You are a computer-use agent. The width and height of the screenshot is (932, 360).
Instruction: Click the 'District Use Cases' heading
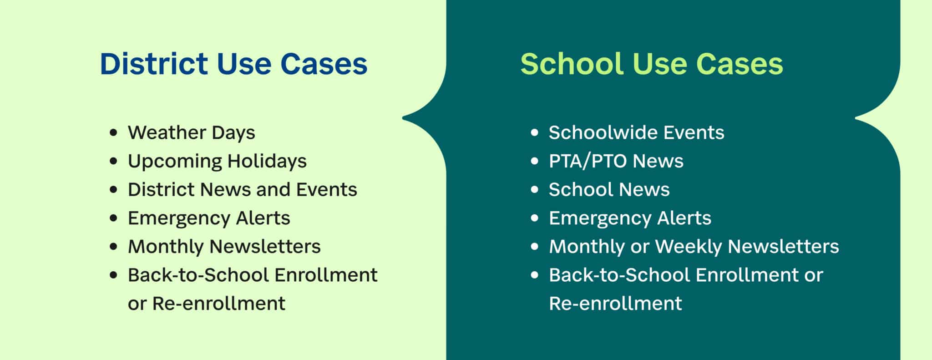point(233,64)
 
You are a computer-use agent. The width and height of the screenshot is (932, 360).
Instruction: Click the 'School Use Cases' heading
point(651,64)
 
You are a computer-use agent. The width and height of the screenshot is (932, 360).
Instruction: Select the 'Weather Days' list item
point(191,133)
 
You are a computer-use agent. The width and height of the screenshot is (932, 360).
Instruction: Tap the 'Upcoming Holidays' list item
point(217,161)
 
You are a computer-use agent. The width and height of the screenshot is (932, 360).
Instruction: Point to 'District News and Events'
point(242,190)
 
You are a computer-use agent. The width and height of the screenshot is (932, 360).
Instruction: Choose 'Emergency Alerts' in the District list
point(209,218)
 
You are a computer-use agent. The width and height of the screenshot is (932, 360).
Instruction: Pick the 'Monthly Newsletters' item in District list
point(224,247)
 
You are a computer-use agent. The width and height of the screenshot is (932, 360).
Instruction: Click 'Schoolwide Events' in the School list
point(636,133)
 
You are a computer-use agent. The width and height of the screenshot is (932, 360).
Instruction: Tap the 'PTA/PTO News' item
point(616,161)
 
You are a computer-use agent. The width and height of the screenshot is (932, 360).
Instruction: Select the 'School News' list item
point(609,190)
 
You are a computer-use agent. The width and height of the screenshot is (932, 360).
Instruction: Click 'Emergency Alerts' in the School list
point(630,218)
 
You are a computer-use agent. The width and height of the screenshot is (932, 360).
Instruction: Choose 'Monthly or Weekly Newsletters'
point(694,247)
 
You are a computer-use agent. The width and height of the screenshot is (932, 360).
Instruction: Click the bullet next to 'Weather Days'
point(114,133)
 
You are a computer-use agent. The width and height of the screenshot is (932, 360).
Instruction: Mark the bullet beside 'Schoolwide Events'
point(535,133)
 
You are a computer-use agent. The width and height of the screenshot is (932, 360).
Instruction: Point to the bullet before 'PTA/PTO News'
point(535,162)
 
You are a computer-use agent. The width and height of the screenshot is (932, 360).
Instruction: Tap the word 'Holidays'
point(267,161)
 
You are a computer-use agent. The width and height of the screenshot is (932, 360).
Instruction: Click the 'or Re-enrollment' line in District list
point(206,304)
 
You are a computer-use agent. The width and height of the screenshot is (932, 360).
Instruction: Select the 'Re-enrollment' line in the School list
point(615,304)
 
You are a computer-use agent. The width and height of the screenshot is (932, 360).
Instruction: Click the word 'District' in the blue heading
point(154,64)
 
